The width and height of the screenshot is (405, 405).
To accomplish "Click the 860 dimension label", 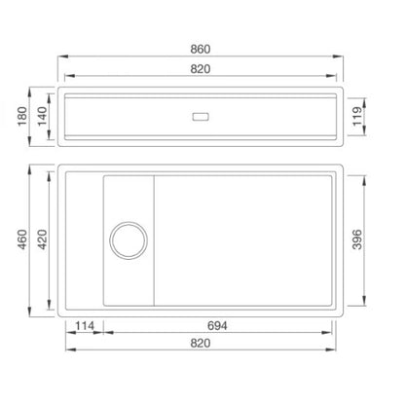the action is tap(201, 49).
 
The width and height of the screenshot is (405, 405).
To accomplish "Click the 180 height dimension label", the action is tap(22, 116).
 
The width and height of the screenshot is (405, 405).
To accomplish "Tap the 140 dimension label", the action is tap(43, 116).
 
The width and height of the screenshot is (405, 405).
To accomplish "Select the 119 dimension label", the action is tap(357, 116).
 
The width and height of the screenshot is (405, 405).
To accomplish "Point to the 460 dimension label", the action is tap(22, 239).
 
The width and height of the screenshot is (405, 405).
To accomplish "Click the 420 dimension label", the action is tap(43, 239).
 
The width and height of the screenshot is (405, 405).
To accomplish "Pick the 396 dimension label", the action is tap(357, 239).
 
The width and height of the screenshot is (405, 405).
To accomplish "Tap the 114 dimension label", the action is tap(85, 325).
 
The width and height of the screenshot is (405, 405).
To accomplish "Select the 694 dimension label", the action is tap(217, 325).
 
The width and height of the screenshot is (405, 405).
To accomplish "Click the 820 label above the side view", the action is tap(201, 69).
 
